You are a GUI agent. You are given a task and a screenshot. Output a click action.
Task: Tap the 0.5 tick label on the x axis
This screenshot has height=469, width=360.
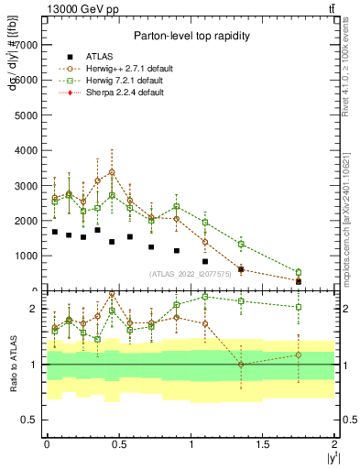pos(118,443)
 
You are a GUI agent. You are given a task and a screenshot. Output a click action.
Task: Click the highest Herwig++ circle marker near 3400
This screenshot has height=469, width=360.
pos(112,172)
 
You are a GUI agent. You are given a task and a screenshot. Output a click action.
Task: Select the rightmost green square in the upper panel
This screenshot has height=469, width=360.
pos(299,272)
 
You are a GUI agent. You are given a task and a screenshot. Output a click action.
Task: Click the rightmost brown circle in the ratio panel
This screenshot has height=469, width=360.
pos(299,355)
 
